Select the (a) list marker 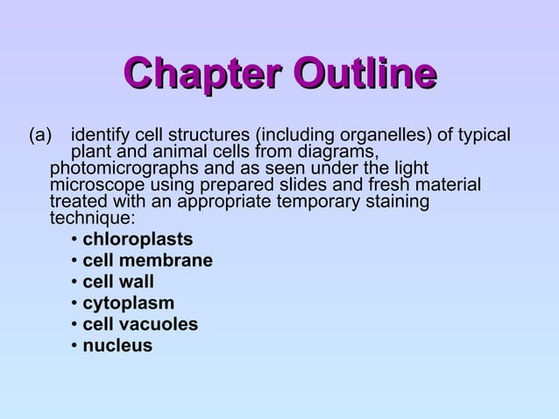tap(42, 137)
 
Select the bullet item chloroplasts tap(138, 240)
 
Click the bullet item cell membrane tap(147, 261)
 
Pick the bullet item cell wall tap(118, 282)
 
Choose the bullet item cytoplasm tap(128, 304)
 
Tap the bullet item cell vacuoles tap(140, 325)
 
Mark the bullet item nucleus tap(117, 346)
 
